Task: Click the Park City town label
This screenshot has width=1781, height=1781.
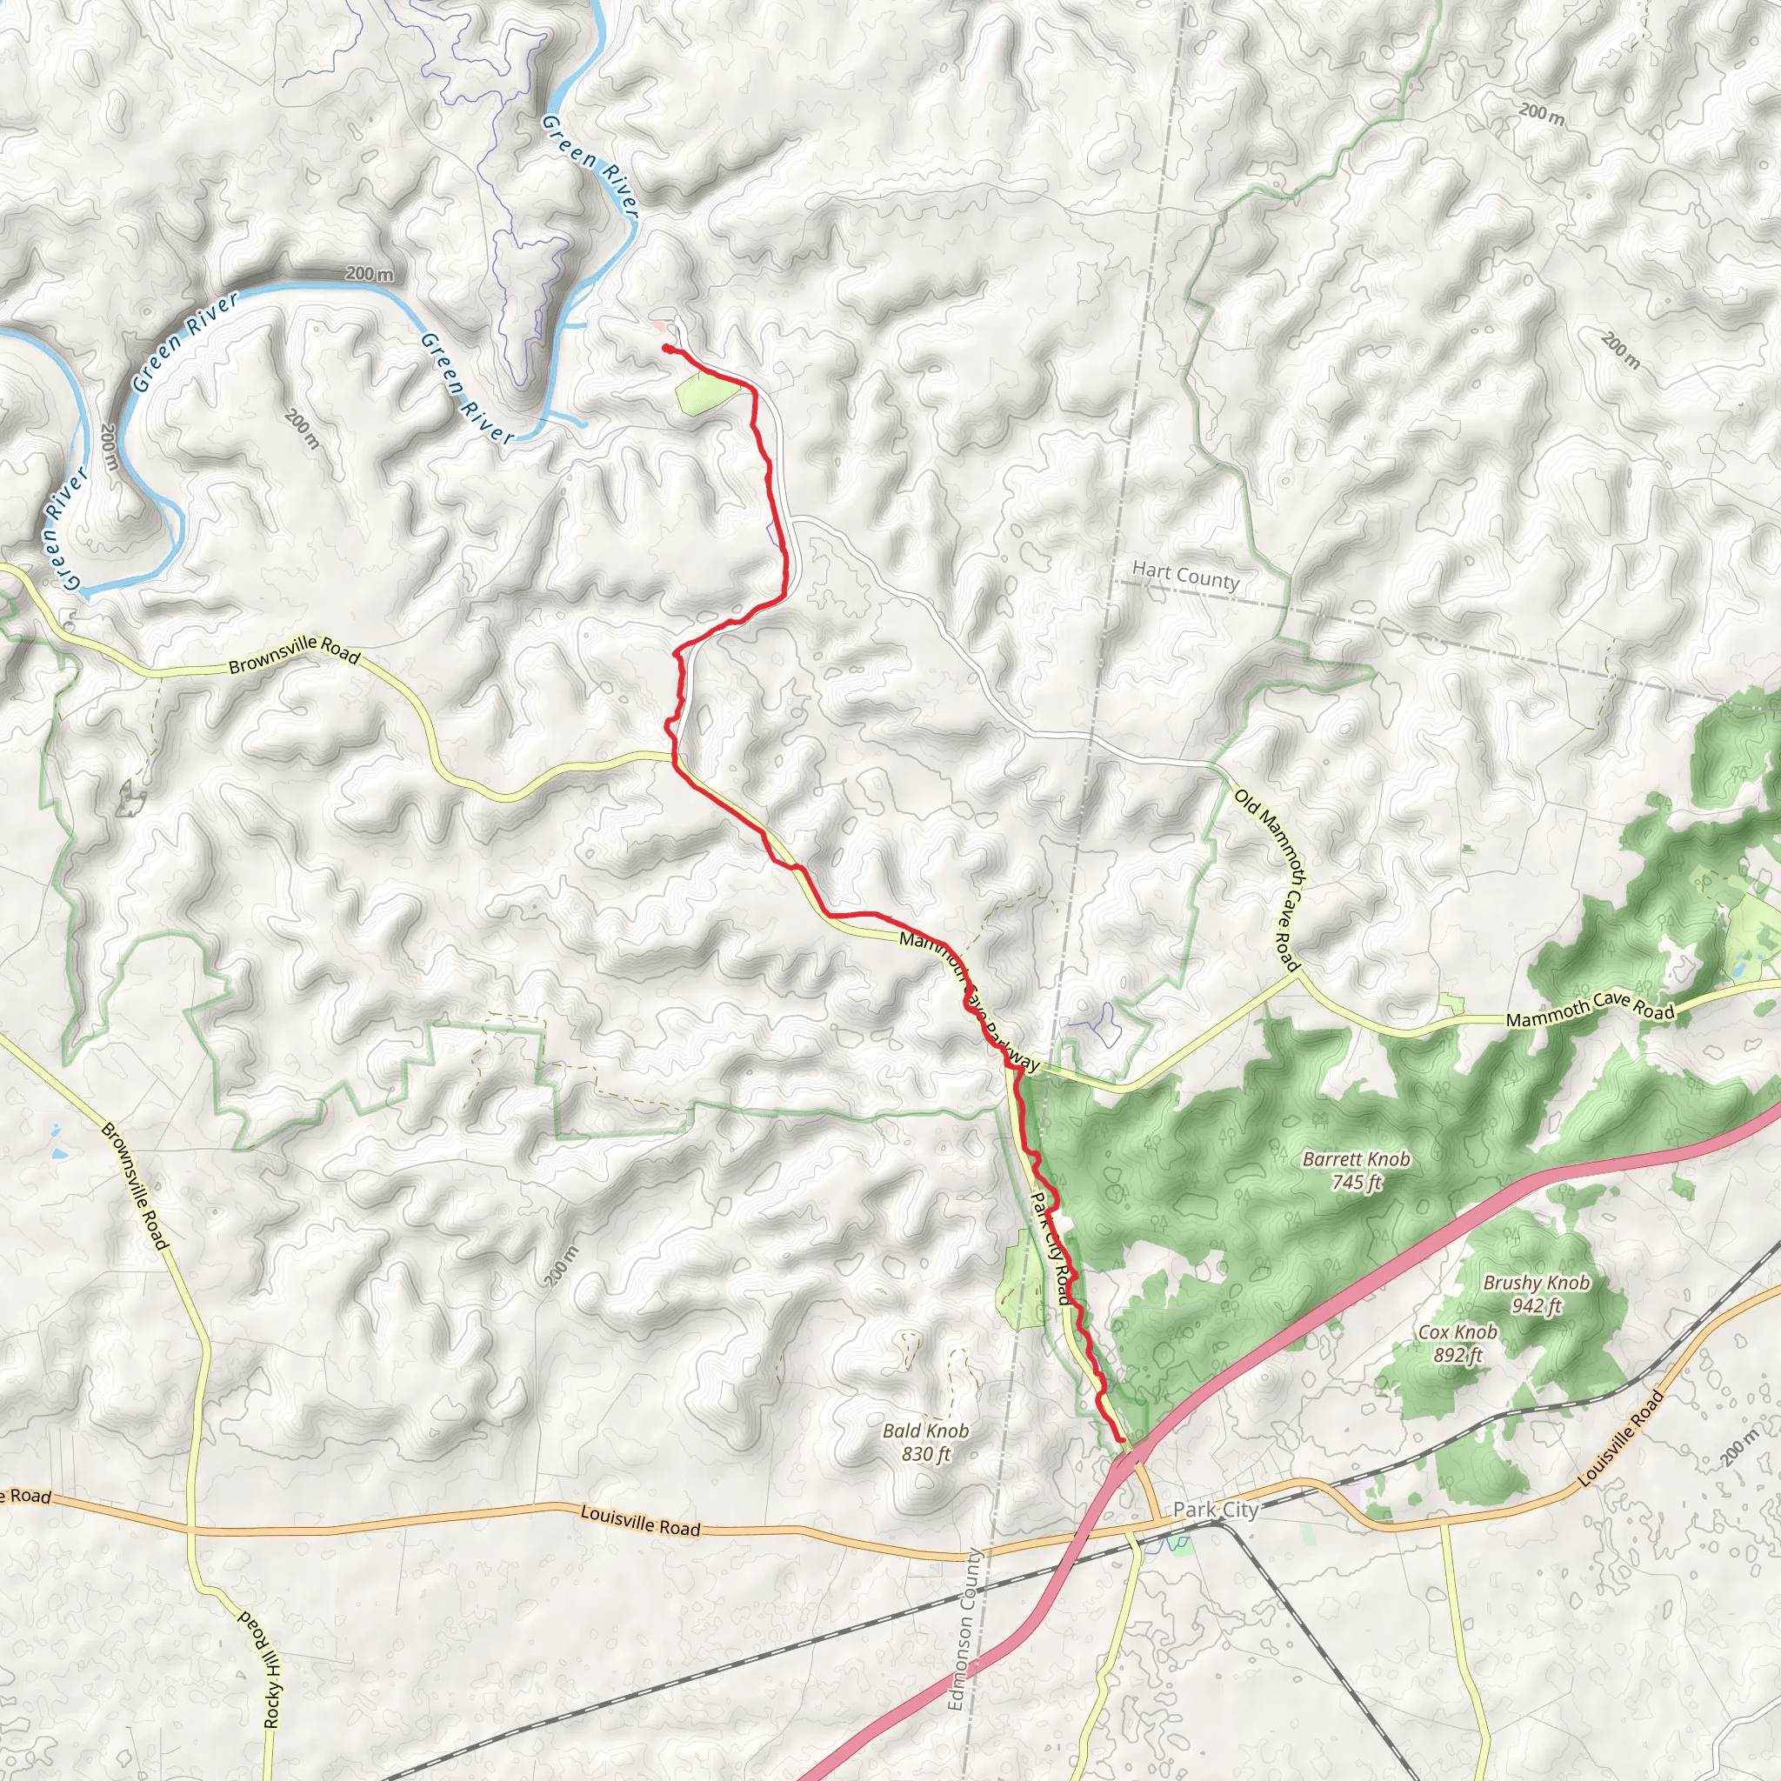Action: pyautogui.click(x=1215, y=1509)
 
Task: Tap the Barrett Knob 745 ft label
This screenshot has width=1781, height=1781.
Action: pyautogui.click(x=1356, y=1170)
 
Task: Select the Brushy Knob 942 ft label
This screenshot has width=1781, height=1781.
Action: pyautogui.click(x=1536, y=1293)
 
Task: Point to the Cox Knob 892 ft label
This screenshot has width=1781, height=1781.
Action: pyautogui.click(x=1457, y=1343)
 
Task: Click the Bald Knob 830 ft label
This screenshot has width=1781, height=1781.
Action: pyautogui.click(x=925, y=1442)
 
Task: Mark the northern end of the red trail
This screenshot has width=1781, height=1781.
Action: pyautogui.click(x=664, y=347)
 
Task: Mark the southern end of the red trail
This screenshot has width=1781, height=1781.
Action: pyautogui.click(x=1121, y=1440)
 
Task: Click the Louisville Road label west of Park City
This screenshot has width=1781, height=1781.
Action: pyautogui.click(x=641, y=1520)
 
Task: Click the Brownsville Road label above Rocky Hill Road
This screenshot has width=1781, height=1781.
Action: pyautogui.click(x=136, y=1185)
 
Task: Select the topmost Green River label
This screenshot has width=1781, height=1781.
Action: pyautogui.click(x=590, y=166)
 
